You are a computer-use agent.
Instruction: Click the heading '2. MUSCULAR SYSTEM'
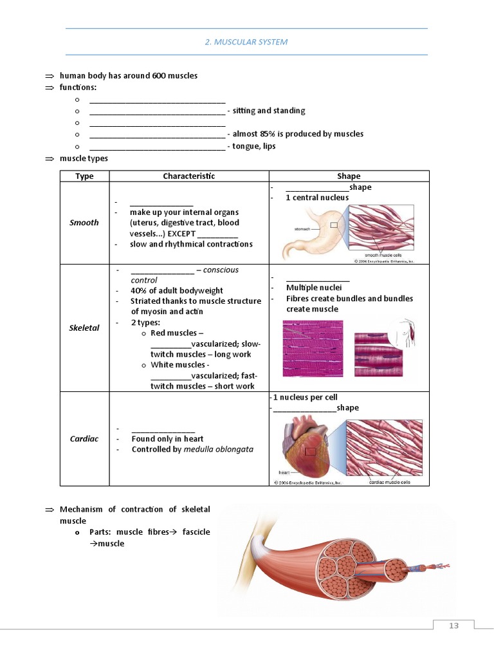(x=246, y=42)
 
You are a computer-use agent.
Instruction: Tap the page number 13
(x=453, y=626)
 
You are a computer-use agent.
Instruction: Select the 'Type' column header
(x=84, y=176)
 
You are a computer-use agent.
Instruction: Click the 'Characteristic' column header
(x=188, y=176)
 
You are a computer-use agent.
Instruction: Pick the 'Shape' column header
(x=349, y=176)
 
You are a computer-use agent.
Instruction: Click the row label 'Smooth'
(x=84, y=223)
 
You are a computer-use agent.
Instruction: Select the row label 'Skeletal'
(x=84, y=328)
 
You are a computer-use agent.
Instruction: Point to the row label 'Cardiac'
(x=84, y=439)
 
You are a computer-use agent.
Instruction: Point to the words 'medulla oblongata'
(x=218, y=449)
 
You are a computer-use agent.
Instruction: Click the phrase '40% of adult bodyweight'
(x=177, y=291)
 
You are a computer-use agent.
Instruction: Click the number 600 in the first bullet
(x=160, y=76)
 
